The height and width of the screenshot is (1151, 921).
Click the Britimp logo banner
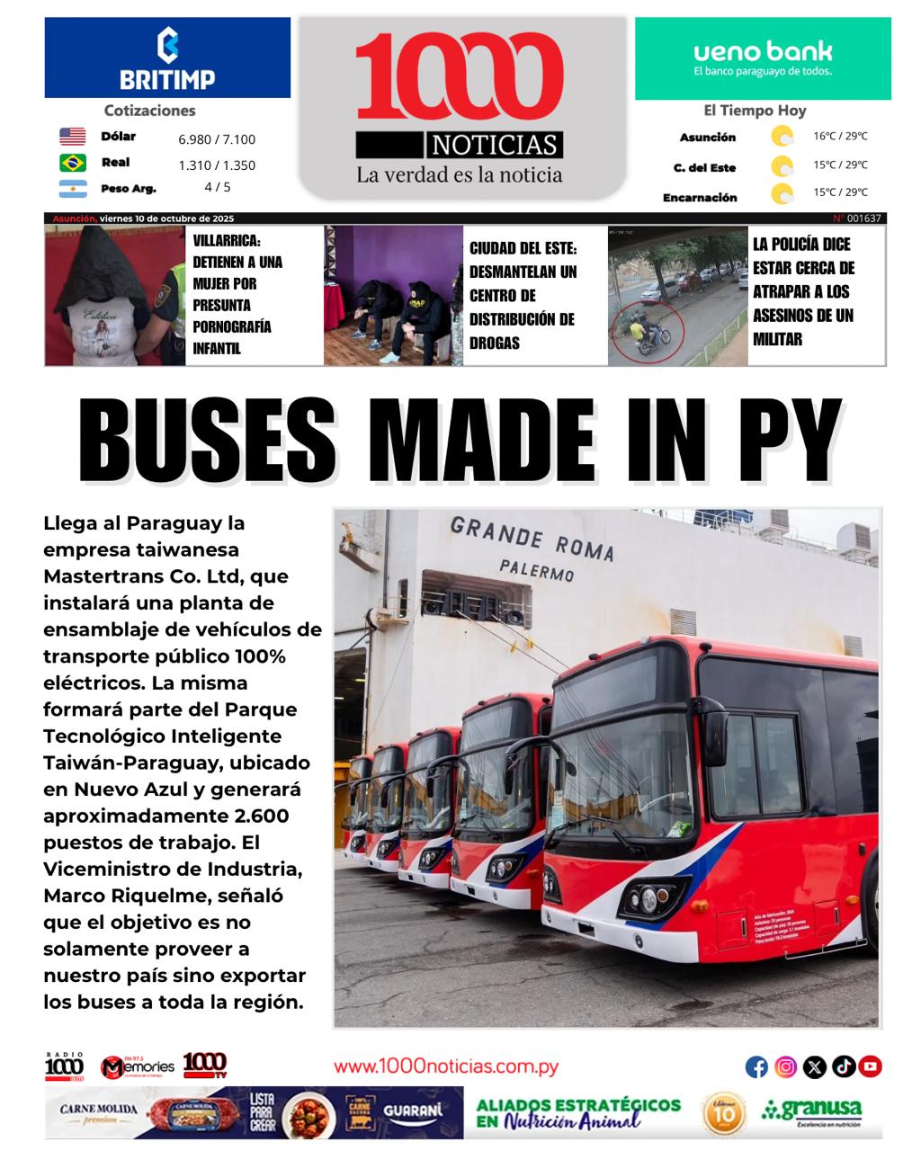pos(167,58)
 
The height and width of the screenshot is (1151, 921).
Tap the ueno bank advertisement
pos(763,58)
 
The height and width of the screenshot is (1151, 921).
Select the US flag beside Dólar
pos(73,137)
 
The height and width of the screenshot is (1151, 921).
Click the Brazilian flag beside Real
pos(73,163)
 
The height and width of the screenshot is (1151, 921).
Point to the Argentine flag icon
pos(73,189)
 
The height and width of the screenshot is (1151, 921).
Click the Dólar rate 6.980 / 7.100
pos(217,139)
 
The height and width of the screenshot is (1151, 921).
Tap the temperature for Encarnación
pos(840,192)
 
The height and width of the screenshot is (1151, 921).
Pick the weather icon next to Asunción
pos(782,137)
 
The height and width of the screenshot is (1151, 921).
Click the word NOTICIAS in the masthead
pos(496,145)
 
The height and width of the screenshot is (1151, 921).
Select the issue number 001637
pos(863,219)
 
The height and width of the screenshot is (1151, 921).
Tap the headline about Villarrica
pos(237,294)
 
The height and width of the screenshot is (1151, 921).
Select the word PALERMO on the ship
pos(537,570)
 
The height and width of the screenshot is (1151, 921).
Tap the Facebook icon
pos(756,1066)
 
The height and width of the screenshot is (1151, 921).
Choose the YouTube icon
pos(870,1066)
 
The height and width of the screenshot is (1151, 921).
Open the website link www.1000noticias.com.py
pos(446,1067)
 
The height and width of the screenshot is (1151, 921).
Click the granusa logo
pos(811,1111)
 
